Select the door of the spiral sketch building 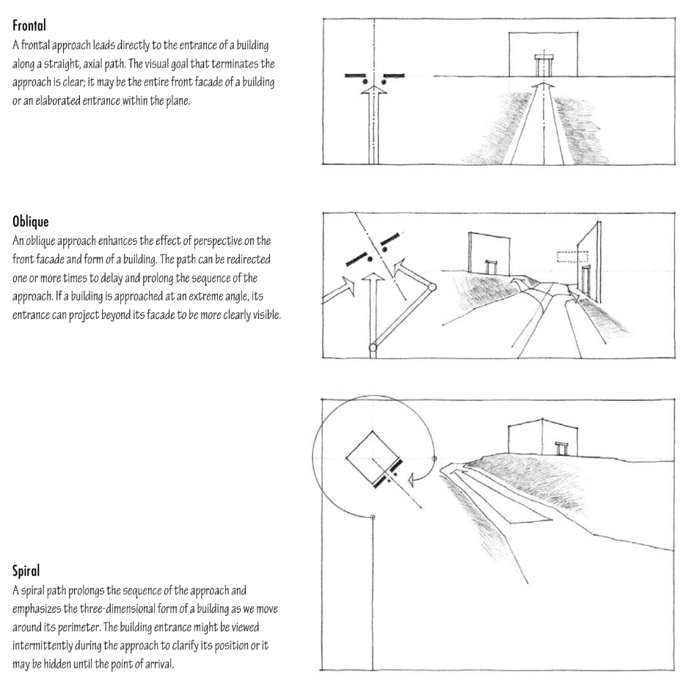tap(563, 447)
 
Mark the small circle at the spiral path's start tap(374, 518)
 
